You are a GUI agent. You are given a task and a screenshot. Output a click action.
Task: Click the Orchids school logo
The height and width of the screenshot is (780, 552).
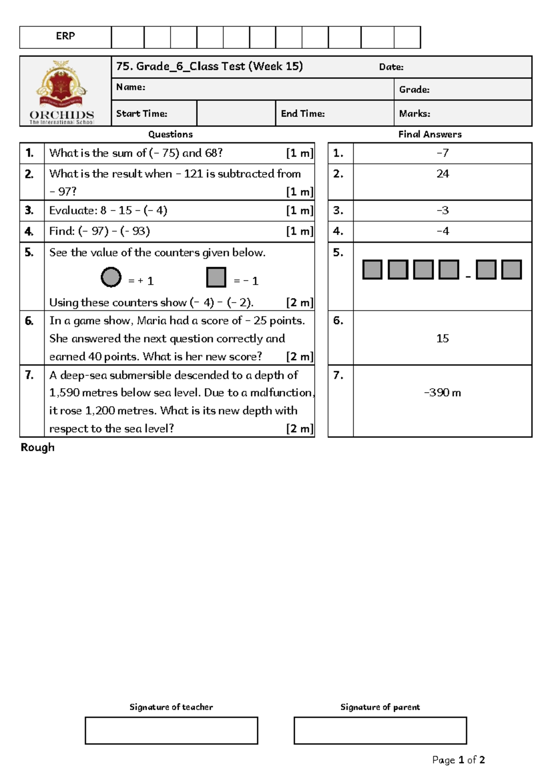pos(62,91)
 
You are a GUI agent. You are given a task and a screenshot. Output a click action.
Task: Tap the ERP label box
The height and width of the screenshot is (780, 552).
pos(65,37)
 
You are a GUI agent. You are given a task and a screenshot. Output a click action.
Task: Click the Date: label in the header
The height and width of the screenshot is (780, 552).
pos(391,67)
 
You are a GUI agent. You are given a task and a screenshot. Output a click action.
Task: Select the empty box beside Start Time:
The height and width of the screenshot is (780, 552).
pos(236,114)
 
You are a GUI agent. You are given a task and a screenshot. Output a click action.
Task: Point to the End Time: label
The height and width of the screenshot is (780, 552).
pos(303,114)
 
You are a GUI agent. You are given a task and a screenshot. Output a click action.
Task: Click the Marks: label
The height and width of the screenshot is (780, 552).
pos(414,114)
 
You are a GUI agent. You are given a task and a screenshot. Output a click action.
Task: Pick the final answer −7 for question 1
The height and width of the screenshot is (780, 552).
pos(443,153)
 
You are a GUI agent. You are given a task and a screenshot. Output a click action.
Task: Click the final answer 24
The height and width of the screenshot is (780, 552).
pos(443,174)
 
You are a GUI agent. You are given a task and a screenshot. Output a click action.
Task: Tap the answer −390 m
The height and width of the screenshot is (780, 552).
pos(443,393)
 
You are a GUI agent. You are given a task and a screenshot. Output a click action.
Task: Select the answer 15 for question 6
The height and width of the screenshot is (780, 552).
pos(443,338)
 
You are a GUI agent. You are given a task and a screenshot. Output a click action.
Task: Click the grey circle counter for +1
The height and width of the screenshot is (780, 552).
pos(111,277)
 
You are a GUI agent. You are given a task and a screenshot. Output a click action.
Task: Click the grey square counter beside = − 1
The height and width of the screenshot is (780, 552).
pos(216,277)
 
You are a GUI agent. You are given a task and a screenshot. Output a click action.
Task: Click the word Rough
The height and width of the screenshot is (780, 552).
pos(37,447)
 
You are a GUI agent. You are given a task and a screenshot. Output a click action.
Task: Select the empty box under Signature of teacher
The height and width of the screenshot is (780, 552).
pos(171,730)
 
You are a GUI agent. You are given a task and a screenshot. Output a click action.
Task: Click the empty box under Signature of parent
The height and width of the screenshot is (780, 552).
pos(380,730)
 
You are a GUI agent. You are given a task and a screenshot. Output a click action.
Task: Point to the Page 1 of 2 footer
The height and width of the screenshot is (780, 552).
pos(458,760)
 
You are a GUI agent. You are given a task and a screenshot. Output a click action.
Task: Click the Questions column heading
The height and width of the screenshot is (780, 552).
pos(170,134)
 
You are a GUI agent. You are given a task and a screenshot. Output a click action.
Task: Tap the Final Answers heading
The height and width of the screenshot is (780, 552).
pos(430,134)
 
